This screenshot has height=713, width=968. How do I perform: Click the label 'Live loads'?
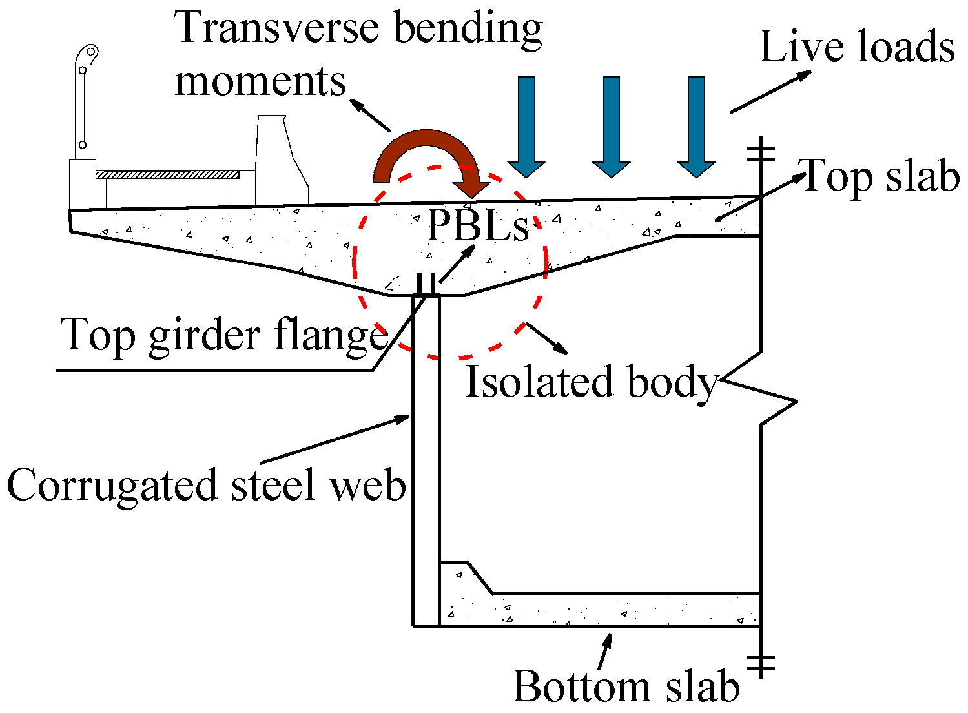click(856, 48)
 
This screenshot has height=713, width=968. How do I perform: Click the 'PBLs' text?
click(477, 226)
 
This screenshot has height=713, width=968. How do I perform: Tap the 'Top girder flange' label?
click(223, 336)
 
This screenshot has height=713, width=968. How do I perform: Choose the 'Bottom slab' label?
click(626, 686)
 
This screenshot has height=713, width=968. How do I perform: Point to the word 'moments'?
click(260, 81)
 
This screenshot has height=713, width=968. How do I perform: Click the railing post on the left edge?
click(83, 103)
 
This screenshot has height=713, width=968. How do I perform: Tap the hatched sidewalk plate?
click(167, 174)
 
